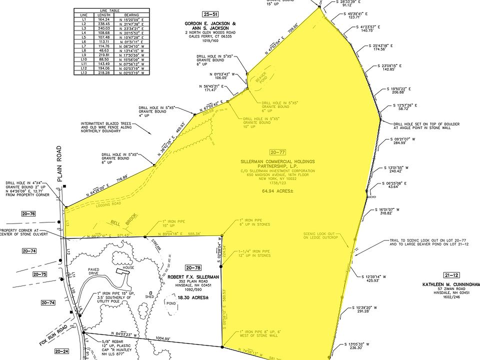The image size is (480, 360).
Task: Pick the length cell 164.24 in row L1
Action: (x=104, y=19)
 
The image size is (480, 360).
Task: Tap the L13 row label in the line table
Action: (x=83, y=73)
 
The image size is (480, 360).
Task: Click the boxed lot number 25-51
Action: (x=209, y=14)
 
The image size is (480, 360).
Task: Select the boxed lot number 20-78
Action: (x=192, y=267)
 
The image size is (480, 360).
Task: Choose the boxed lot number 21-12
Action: (x=451, y=275)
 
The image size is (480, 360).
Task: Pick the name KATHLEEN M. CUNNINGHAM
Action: (x=450, y=283)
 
